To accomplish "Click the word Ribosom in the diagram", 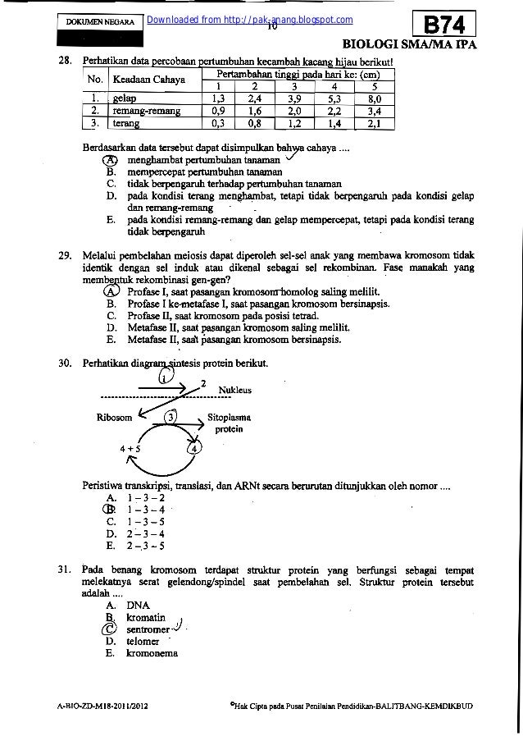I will click(x=115, y=417).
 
